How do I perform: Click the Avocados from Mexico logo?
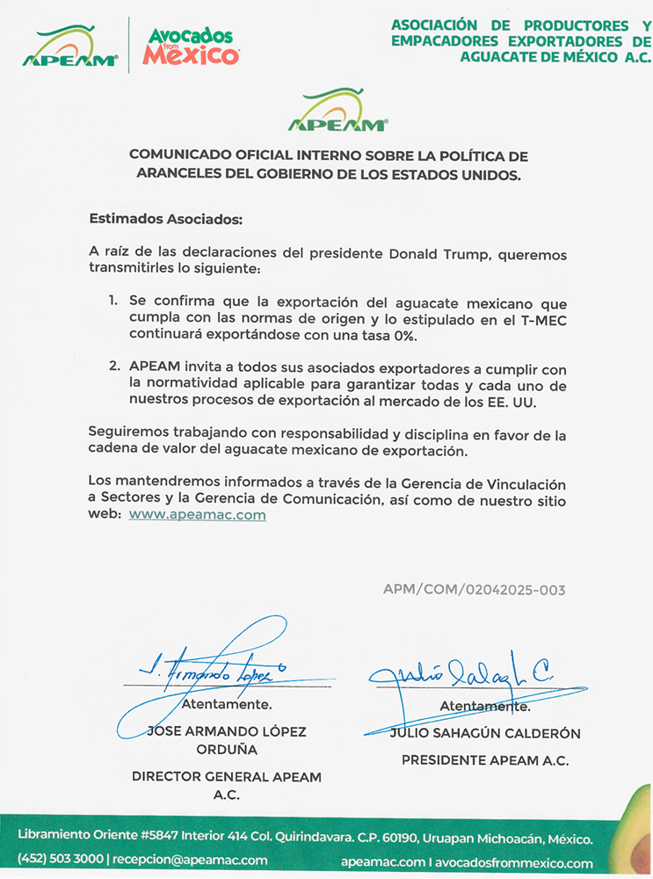(x=190, y=46)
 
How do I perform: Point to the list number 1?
(x=112, y=301)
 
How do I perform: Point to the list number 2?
(x=113, y=367)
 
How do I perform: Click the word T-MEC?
(x=544, y=317)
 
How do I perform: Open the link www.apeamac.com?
(x=197, y=515)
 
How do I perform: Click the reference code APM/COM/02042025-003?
(x=474, y=590)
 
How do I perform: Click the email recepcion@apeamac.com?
(x=191, y=860)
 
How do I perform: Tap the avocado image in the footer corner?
(x=631, y=831)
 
